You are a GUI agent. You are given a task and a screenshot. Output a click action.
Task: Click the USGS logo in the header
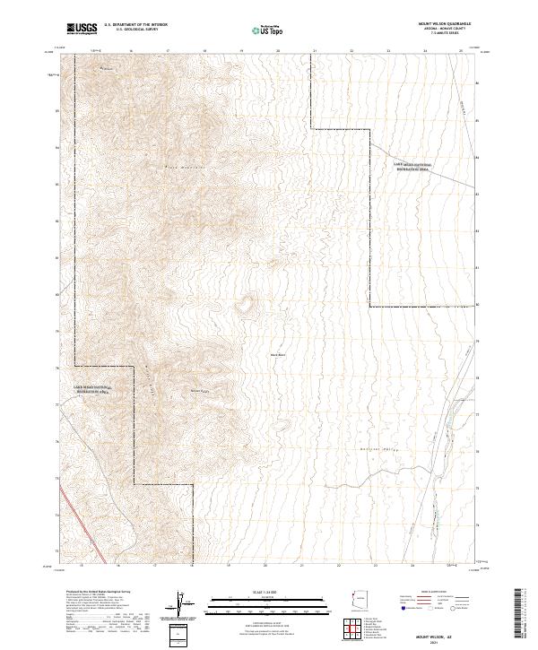[x=82, y=30]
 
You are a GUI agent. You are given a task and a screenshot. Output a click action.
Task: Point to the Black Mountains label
[x=185, y=167]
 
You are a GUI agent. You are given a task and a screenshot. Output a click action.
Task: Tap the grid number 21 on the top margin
[x=315, y=52]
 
